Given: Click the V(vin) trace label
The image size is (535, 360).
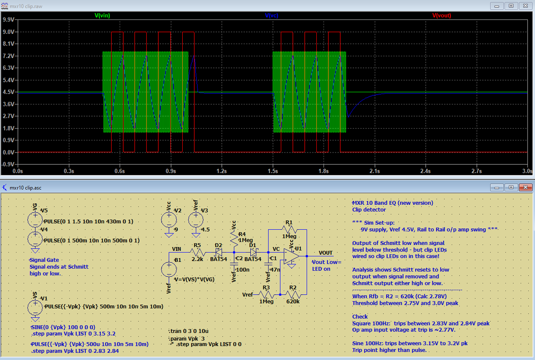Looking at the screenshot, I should click(x=102, y=15).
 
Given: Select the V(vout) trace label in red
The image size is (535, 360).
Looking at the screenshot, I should click(x=441, y=15).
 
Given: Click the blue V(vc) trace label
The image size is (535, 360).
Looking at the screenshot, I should click(x=271, y=15).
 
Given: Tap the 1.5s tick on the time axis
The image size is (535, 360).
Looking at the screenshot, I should click(x=273, y=171).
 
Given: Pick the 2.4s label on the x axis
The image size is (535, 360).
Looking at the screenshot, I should click(x=425, y=171).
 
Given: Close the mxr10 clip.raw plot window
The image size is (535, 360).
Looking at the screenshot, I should click(x=524, y=5).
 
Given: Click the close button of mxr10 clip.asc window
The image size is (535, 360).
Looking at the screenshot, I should click(x=524, y=187).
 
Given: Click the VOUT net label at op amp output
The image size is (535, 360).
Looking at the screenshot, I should click(x=326, y=253).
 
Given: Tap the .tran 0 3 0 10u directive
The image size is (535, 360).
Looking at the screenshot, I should click(x=190, y=331).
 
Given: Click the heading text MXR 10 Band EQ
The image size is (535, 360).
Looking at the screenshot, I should click(x=392, y=202).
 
